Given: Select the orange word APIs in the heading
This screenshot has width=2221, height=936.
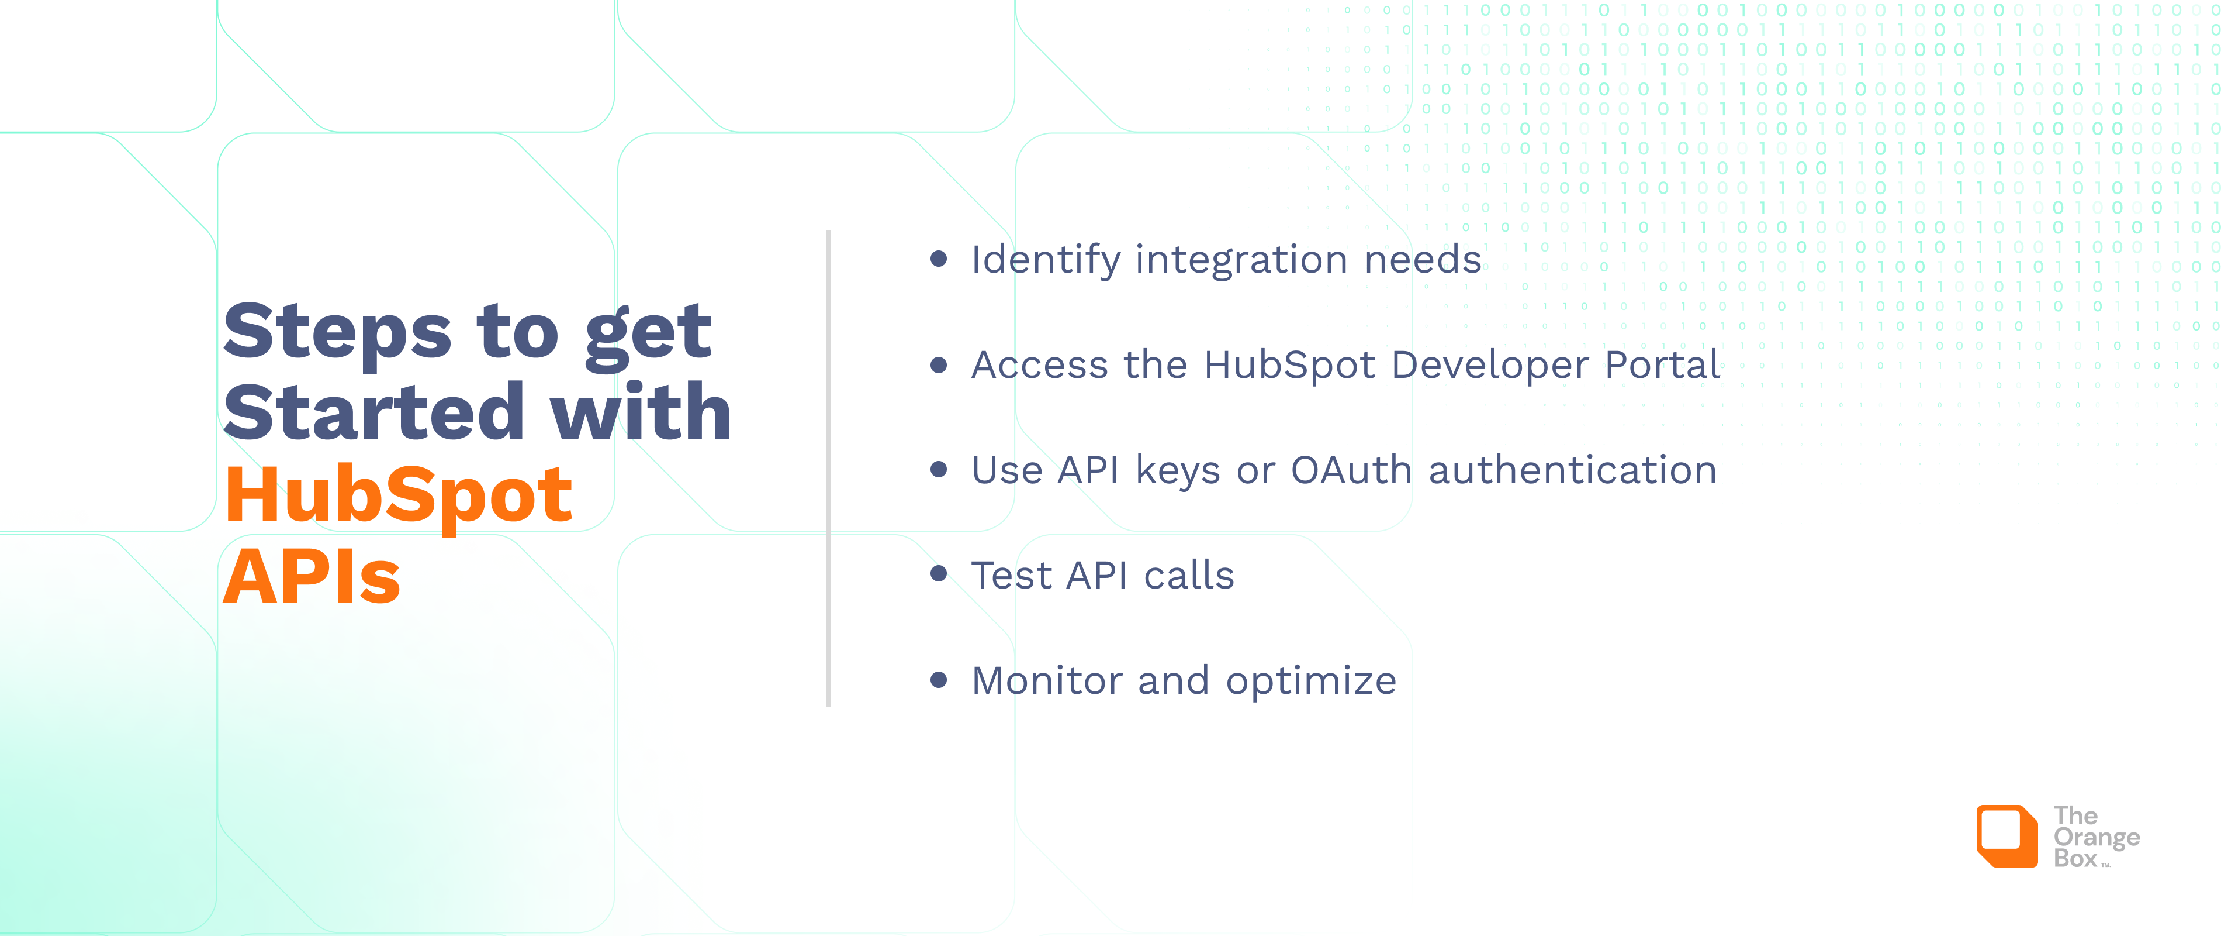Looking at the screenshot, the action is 312,576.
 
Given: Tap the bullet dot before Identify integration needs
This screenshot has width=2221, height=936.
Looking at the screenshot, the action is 939,259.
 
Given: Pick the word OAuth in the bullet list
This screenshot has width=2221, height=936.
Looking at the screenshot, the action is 1351,470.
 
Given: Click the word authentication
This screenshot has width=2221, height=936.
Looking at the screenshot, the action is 1573,470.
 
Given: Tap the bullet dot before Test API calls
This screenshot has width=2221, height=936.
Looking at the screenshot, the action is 939,574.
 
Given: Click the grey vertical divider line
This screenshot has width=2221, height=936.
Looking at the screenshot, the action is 829,469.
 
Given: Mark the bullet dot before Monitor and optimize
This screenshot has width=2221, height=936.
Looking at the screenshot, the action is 939,680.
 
